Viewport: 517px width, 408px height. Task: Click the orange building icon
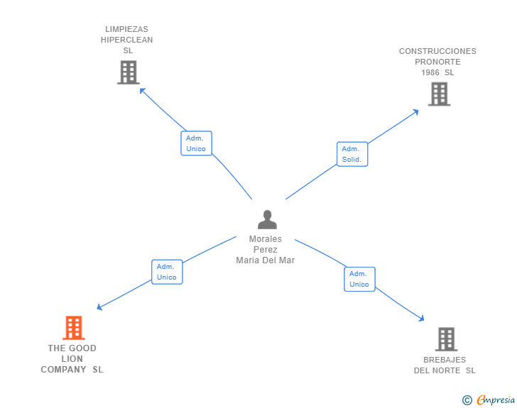(74, 328)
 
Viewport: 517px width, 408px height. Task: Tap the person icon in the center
(267, 219)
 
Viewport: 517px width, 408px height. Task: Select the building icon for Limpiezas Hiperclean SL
(129, 72)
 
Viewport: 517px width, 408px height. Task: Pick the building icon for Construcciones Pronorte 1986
(439, 94)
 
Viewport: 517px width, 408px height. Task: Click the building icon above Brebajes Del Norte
(446, 339)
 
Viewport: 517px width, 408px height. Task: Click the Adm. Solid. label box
(352, 154)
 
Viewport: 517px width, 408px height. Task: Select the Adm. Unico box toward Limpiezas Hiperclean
(196, 143)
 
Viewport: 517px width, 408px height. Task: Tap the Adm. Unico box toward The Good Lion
(167, 272)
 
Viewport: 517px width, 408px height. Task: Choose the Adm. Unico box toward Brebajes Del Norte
(359, 279)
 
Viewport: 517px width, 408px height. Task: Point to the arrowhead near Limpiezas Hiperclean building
(142, 90)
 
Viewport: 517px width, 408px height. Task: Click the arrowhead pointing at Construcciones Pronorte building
(416, 112)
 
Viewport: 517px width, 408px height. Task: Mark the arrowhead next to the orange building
(99, 307)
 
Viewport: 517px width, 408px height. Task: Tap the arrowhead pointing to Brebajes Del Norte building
(422, 319)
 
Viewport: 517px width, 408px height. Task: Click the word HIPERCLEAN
(126, 40)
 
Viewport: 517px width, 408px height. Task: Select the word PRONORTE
(437, 62)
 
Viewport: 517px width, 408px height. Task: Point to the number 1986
(430, 72)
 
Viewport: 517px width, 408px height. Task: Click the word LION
(72, 359)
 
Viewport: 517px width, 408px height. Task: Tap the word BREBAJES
(445, 360)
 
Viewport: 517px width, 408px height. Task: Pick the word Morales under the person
(266, 239)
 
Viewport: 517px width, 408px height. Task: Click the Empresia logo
(489, 400)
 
